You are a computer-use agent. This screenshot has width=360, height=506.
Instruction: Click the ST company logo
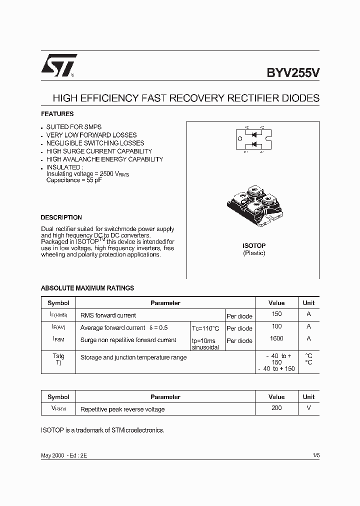59,65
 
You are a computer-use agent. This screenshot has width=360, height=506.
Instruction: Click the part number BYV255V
292,72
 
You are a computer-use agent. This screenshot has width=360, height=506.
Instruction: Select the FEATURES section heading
57,114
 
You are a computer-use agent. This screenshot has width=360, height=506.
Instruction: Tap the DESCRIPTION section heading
61,217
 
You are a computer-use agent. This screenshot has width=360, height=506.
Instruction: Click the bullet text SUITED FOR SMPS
73,127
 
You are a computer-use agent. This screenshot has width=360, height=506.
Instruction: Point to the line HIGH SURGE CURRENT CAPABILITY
99,151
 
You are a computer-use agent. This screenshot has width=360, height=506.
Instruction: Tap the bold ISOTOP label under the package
254,245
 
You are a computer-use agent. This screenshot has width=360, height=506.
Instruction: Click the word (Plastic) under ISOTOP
254,253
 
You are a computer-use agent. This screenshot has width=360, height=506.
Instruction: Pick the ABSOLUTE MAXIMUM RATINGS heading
87,288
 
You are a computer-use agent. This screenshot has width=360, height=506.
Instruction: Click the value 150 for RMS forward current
276,314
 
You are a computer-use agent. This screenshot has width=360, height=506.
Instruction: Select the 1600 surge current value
276,338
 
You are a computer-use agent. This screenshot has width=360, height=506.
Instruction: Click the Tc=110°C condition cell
205,328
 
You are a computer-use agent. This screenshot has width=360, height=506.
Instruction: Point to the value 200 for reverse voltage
276,408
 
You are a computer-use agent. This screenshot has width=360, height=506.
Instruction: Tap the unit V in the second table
308,408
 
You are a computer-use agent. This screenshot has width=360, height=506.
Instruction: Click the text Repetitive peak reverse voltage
122,409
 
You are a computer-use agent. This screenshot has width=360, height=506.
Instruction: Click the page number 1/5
315,456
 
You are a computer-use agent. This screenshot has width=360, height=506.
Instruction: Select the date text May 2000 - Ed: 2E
63,456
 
